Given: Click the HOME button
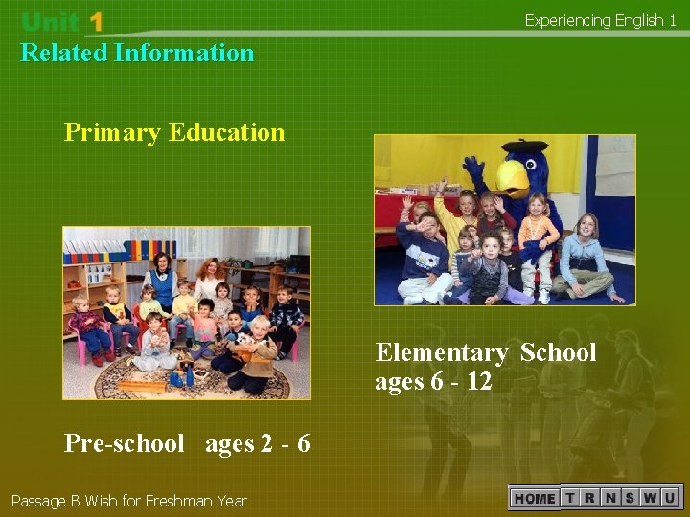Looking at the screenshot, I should [x=535, y=498].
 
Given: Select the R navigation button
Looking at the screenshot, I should [x=590, y=498].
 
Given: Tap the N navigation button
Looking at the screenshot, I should [x=610, y=498].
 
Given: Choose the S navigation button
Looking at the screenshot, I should [x=630, y=498].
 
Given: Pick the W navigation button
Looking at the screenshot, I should [x=649, y=498].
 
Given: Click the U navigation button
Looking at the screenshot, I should [x=669, y=498].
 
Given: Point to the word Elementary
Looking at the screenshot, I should [x=441, y=353].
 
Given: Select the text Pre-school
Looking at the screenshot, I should [x=124, y=443].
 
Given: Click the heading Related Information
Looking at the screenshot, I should [x=137, y=53].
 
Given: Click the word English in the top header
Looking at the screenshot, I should [x=637, y=20].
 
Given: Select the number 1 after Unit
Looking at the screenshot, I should [x=94, y=22].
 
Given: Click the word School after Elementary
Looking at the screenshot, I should [x=558, y=353].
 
